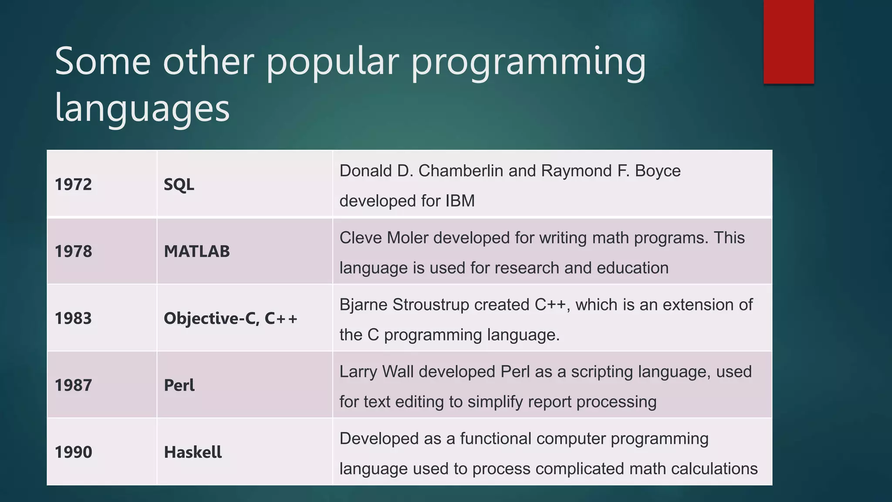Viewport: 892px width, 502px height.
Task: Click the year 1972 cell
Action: click(x=73, y=184)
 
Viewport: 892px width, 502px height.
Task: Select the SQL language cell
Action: click(x=179, y=184)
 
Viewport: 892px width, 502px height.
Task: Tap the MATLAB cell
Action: click(x=196, y=251)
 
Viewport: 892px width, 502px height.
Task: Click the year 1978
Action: click(x=73, y=251)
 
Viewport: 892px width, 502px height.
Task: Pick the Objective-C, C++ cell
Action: click(x=230, y=319)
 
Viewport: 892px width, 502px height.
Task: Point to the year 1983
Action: click(x=73, y=319)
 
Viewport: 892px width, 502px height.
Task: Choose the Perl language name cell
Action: click(x=179, y=385)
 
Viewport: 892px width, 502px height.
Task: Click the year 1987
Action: click(x=73, y=385)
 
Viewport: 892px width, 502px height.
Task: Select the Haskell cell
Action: click(x=193, y=452)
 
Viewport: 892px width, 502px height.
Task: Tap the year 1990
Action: click(x=73, y=452)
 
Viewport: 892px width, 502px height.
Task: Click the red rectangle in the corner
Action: click(x=788, y=41)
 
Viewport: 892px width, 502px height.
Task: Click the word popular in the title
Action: click(x=333, y=62)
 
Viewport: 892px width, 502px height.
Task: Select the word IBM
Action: click(x=460, y=201)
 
